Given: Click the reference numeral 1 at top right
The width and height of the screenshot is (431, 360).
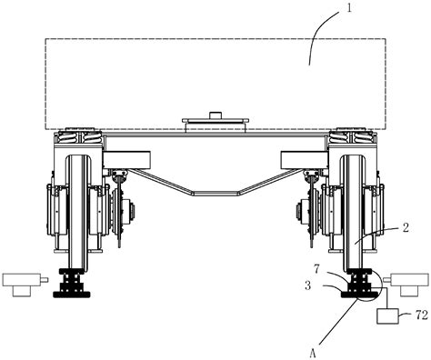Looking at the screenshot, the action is click(x=349, y=8).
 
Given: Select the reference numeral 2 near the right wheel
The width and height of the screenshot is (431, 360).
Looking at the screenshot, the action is click(x=406, y=227).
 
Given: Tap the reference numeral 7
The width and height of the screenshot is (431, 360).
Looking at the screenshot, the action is click(x=316, y=269).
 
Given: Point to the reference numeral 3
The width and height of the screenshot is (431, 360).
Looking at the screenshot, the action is click(x=308, y=285).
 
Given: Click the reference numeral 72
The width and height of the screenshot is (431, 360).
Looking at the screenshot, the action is click(x=421, y=315).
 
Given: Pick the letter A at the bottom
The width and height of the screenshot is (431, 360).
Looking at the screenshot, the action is click(x=313, y=353).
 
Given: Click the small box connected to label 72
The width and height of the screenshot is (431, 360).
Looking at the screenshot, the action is click(x=387, y=316).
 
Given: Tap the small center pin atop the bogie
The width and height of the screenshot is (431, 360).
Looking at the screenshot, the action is click(x=215, y=115).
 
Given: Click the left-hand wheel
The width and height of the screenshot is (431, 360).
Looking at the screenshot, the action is click(x=78, y=212).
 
